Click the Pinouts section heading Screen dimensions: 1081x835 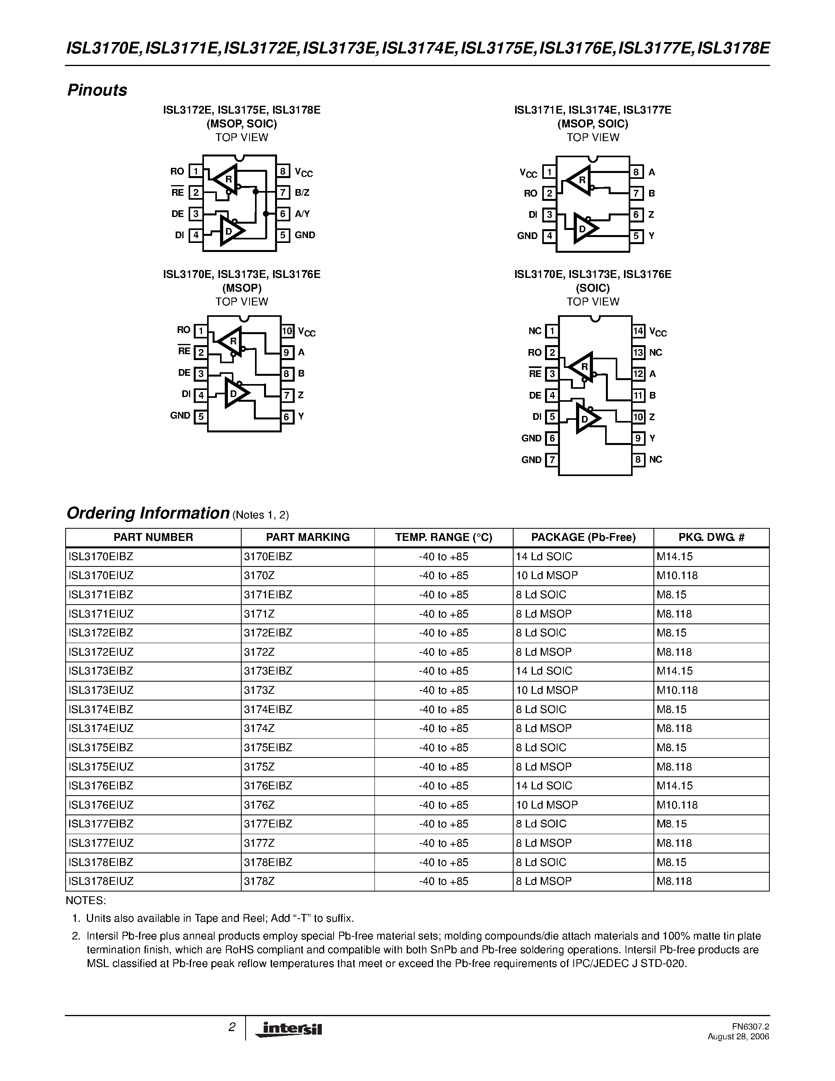pyautogui.click(x=97, y=90)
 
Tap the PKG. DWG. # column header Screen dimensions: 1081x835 pyautogui.click(x=711, y=537)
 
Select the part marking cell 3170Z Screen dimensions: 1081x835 pyautogui.click(x=259, y=575)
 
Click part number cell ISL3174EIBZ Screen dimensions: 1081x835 pyautogui.click(x=101, y=709)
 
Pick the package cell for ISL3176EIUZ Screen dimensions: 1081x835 pyautogui.click(x=547, y=805)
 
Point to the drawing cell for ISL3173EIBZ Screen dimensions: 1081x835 pyautogui.click(x=675, y=671)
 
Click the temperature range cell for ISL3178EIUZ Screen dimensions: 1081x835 pyautogui.click(x=443, y=881)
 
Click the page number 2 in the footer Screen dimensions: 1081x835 pyautogui.click(x=231, y=1027)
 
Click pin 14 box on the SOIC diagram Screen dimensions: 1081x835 pyautogui.click(x=638, y=331)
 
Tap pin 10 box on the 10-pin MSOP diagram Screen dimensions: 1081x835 pyautogui.click(x=287, y=331)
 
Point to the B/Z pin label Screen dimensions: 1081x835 pyautogui.click(x=302, y=193)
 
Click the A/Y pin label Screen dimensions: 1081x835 pyautogui.click(x=302, y=214)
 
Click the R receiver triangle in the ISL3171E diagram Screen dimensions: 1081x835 pyautogui.click(x=579, y=180)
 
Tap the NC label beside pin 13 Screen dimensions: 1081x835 pyautogui.click(x=655, y=353)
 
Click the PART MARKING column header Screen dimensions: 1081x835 pyautogui.click(x=308, y=537)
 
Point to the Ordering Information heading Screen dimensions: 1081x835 pyautogui.click(x=147, y=513)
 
